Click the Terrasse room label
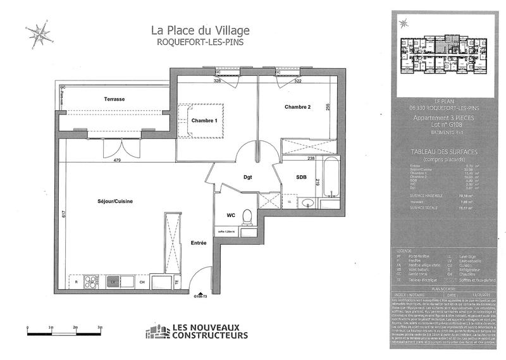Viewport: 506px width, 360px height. coord(114,99)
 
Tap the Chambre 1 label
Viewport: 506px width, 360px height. coord(204,121)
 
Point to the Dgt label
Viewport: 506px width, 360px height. coord(248,178)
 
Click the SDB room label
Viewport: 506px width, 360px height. coord(301,178)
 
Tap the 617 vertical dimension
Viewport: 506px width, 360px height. coord(64,214)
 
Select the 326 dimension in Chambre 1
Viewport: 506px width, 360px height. coord(217,81)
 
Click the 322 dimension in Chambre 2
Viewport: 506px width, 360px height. coord(298,81)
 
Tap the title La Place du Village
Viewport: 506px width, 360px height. coord(200,30)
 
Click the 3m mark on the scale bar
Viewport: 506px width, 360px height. coord(100,326)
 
